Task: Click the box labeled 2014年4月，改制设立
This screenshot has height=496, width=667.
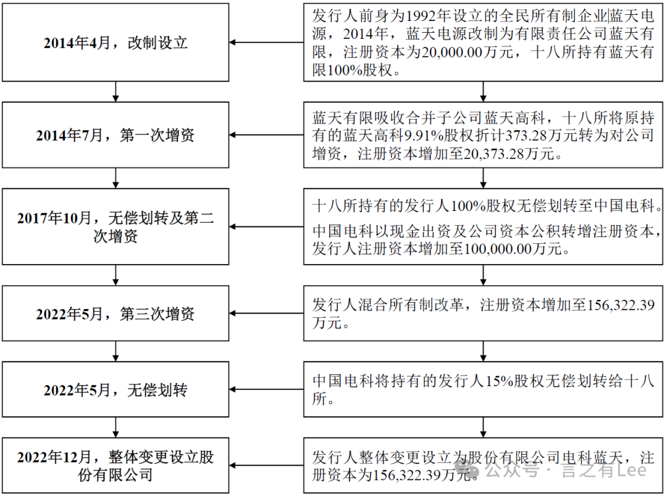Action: coord(115,43)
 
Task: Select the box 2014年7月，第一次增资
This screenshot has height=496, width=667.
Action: coord(115,135)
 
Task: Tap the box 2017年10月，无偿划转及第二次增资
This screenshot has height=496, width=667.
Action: coord(115,227)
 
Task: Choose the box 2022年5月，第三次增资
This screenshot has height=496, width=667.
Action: coord(115,313)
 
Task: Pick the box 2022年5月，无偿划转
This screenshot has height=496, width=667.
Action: coord(115,390)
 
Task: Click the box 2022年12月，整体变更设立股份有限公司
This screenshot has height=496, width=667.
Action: coord(115,466)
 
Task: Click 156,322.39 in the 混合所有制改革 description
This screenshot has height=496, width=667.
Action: coord(621,305)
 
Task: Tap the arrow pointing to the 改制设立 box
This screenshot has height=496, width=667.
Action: coord(266,43)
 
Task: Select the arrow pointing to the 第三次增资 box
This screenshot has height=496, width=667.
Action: coord(266,313)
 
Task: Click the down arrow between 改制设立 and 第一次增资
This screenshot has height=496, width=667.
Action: coord(115,91)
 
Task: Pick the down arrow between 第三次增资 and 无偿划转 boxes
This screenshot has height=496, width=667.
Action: coord(115,351)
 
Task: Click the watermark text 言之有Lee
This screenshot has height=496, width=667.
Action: coord(604,470)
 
